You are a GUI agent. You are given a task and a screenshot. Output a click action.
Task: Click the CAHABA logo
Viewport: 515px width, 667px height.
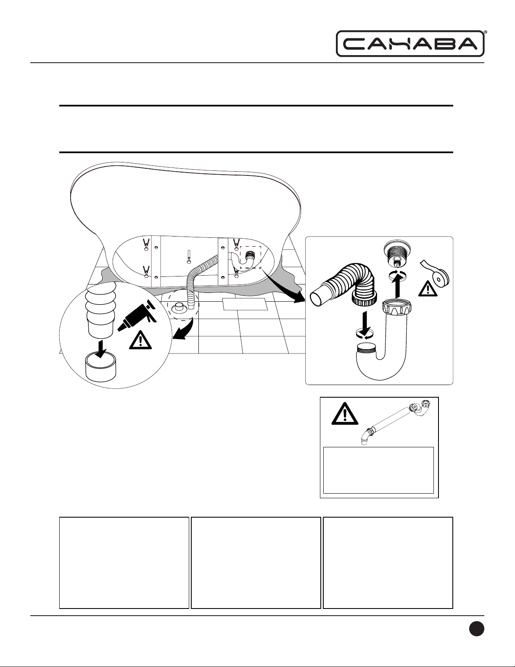[x=410, y=43]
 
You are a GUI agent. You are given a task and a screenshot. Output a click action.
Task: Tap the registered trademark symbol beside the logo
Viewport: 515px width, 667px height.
[x=486, y=32]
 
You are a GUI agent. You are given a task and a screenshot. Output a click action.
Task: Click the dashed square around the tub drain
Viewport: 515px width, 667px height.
[x=250, y=257]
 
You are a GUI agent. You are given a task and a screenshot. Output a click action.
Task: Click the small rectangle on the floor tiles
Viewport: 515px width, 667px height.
[x=245, y=304]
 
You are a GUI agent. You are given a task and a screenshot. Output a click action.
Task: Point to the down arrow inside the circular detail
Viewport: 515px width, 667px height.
[x=100, y=348]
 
